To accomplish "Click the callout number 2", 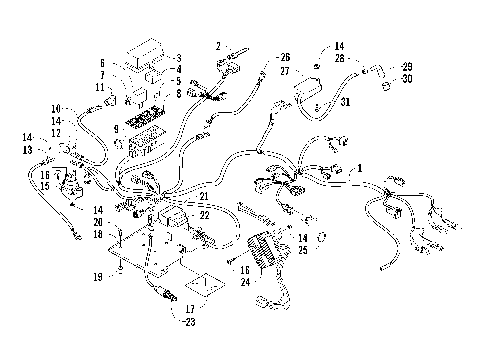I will pos(217,46).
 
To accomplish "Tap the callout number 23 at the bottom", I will pos(185,320).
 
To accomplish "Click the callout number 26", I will pos(284,57).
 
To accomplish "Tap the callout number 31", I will pos(346,102).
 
